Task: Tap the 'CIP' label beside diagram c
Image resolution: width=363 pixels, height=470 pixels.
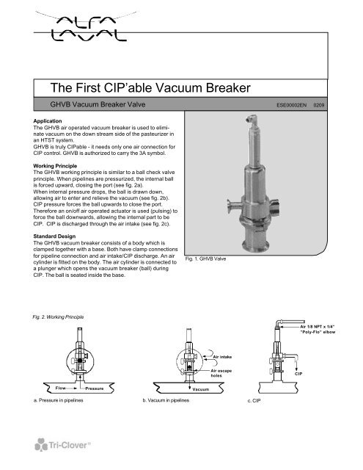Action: (x=298, y=373)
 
